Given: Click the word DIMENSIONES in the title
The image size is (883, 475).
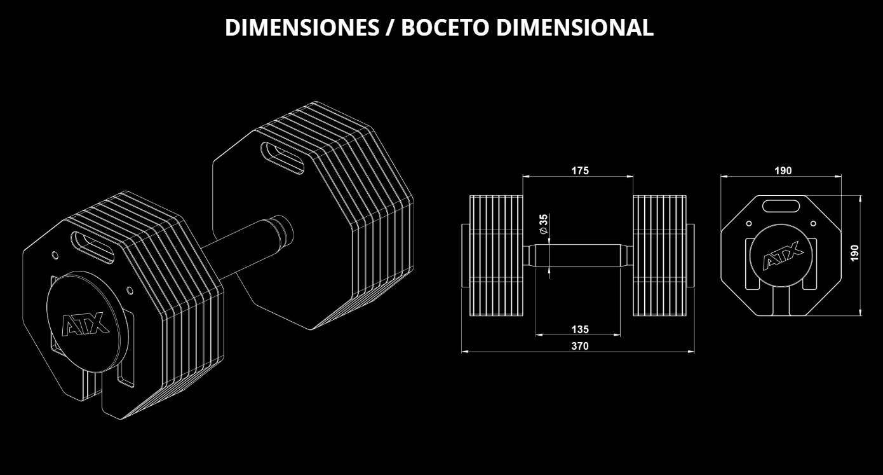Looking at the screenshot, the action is [302, 27].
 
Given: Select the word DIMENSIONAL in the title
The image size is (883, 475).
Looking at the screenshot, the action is [575, 27].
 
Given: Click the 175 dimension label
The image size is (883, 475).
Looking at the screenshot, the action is [580, 170].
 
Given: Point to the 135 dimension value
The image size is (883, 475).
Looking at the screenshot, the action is [580, 329].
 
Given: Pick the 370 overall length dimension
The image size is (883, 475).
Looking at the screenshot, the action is [580, 346].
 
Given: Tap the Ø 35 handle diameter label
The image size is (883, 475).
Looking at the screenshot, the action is [544, 224].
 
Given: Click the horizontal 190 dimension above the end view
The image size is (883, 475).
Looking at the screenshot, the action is [783, 170].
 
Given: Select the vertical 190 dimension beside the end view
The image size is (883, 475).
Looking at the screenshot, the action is [854, 253].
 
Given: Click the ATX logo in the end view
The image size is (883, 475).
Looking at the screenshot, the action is [783, 256].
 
